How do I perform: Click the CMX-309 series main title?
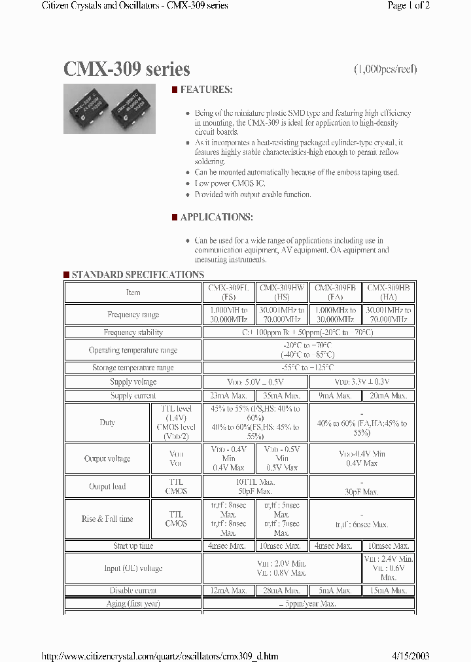coord(127,69)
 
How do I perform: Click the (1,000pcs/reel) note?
coord(385,69)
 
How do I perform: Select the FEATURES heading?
coord(206,90)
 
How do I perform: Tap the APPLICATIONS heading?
coord(216,217)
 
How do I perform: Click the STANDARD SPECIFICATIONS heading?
coord(137,275)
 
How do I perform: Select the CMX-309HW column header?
coord(282,292)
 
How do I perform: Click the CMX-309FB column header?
coord(335,292)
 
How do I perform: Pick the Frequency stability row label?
coord(133,333)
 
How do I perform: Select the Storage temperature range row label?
coord(133,368)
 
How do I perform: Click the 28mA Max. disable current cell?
coord(282,591)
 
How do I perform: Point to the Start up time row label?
coord(133,546)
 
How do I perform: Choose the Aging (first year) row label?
coord(133,604)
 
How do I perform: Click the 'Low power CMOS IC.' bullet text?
coord(230,183)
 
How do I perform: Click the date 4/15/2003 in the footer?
coord(411,655)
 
